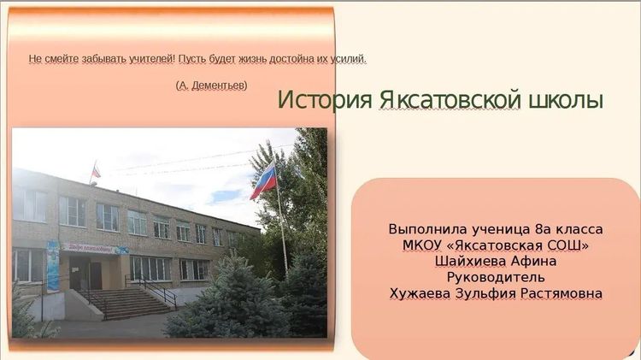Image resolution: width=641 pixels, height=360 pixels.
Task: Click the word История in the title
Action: point(325,100)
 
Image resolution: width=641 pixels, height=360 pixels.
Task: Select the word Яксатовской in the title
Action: point(450,100)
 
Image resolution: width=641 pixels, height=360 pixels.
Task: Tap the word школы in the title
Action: point(566,100)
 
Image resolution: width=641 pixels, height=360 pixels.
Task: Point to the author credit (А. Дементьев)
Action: point(211,86)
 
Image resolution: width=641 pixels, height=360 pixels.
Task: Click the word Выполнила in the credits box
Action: point(422,229)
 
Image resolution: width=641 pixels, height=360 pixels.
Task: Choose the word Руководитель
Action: point(496,277)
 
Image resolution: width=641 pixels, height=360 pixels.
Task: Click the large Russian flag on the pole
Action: point(264,180)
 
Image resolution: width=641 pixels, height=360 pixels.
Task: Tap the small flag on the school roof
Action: point(96,170)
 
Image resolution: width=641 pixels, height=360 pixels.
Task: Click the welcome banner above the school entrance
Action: point(95,248)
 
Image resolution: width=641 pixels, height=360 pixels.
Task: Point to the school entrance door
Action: point(85,274)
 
